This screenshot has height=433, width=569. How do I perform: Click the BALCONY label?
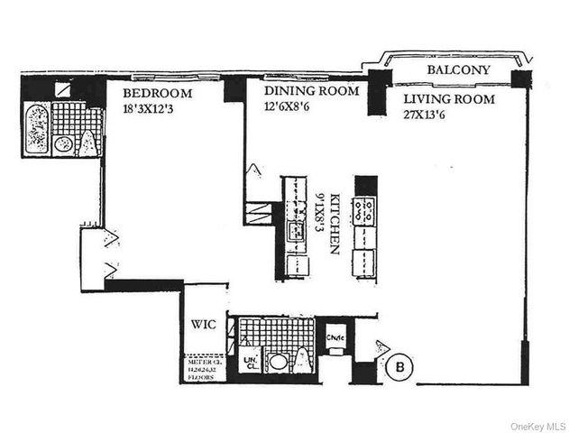pyautogui.click(x=458, y=69)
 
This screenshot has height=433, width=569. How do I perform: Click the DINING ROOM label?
pyautogui.click(x=310, y=90)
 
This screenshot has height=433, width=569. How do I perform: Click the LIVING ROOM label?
pyautogui.click(x=448, y=99)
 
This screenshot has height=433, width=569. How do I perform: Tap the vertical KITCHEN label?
pyautogui.click(x=335, y=223)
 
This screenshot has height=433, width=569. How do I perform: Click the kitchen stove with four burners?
pyautogui.click(x=365, y=211)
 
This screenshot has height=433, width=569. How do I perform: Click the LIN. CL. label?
pyautogui.click(x=251, y=363)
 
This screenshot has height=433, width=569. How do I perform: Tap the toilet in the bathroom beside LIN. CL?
pyautogui.click(x=303, y=362)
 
